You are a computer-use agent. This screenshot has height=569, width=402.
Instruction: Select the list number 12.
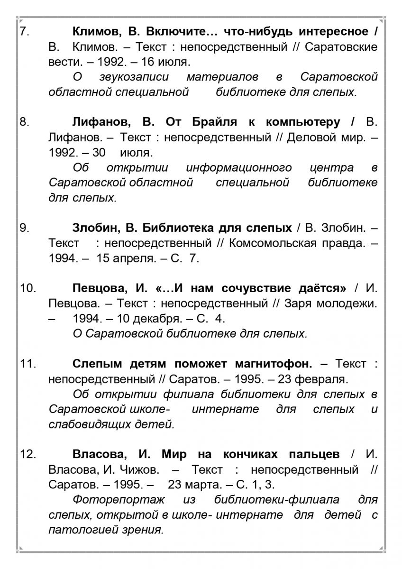pyautogui.click(x=28, y=454)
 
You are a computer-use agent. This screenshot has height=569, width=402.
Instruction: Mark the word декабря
pyautogui.click(x=166, y=318)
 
